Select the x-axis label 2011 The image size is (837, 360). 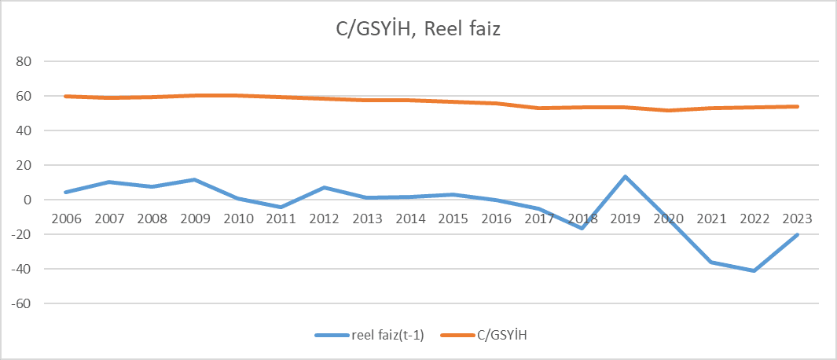click(281, 218)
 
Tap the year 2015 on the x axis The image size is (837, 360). click(453, 218)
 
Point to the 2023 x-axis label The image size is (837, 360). click(797, 218)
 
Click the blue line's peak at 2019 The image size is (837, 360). click(625, 177)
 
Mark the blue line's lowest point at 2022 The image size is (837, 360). click(754, 270)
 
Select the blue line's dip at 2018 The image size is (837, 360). click(582, 228)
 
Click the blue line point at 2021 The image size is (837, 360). click(711, 262)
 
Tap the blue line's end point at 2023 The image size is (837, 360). click(797, 234)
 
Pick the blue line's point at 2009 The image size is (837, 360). click(194, 180)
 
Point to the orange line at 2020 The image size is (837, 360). click(668, 110)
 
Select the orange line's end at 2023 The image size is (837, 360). click(797, 106)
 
